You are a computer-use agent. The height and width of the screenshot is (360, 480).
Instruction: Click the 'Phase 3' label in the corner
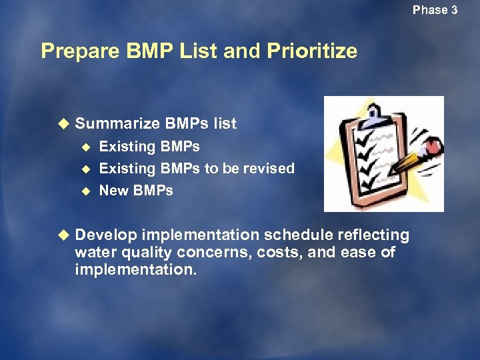pos(435,10)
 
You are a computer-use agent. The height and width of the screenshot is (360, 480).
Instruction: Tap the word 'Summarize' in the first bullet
pos(117,123)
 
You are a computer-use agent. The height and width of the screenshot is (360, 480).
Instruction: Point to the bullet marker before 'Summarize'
pos(63,123)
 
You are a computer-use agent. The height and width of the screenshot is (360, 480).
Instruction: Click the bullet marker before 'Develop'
pos(63,235)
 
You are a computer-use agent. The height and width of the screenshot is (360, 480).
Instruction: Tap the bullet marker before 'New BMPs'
pos(85,191)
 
